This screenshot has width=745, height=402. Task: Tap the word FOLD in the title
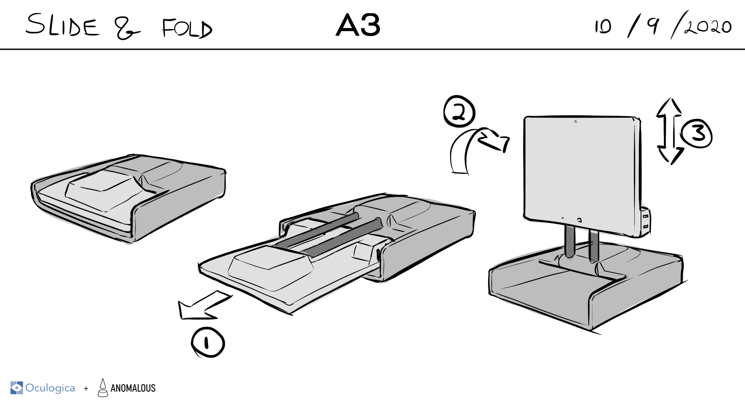(187, 29)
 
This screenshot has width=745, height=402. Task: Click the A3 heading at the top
(358, 26)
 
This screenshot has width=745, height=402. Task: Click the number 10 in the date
(603, 27)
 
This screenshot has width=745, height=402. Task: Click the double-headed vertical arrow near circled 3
(669, 131)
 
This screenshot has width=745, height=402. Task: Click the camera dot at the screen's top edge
(576, 122)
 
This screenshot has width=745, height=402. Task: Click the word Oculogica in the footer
(50, 388)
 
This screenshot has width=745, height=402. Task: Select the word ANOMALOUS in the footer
(133, 388)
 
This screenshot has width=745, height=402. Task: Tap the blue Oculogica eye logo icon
(16, 388)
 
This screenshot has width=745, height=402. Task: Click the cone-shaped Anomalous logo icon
(103, 388)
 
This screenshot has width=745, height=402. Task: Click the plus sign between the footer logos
(86, 388)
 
